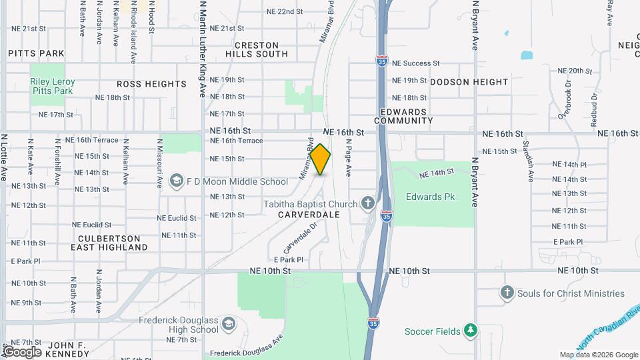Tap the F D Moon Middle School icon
[177, 181]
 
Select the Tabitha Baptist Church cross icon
[367, 203]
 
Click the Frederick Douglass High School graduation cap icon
[229, 324]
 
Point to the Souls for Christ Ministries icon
[507, 293]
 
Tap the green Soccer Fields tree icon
[471, 331]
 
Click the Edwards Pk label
[424, 197]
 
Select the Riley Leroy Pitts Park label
[53, 86]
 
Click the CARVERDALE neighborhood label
[309, 215]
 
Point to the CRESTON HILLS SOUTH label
[257, 49]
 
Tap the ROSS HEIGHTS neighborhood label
[151, 84]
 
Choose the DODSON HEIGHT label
[469, 82]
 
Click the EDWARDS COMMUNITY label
[403, 116]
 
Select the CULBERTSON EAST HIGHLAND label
[109, 243]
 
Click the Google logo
[21, 352]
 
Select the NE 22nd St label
[284, 12]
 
